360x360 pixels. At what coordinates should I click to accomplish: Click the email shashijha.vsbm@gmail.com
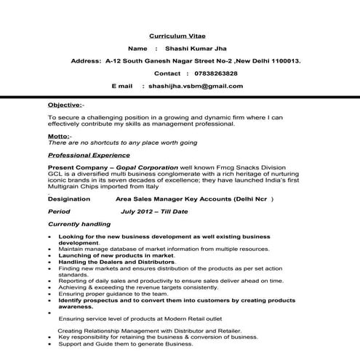tap(196, 86)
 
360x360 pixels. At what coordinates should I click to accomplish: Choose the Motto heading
tap(59, 137)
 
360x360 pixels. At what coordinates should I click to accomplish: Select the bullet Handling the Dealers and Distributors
tap(118, 262)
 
